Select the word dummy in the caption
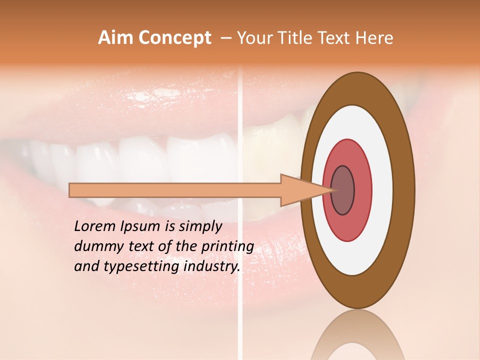click(96, 246)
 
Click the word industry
click(212, 266)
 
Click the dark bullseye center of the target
click(342, 190)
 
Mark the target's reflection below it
click(358, 335)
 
